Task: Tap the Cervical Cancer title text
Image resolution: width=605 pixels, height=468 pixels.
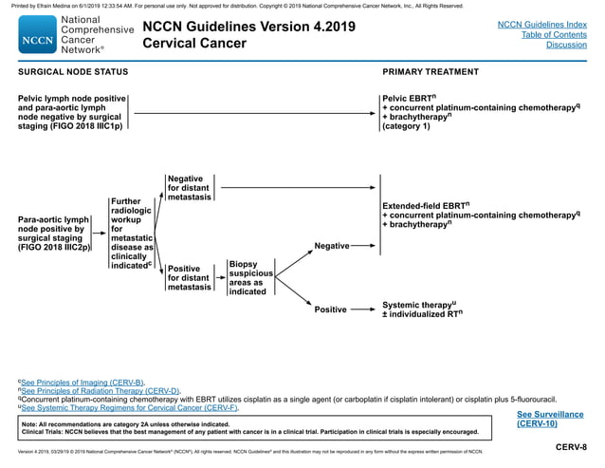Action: (193, 44)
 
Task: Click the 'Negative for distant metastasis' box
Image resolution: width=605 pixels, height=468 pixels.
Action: (189, 188)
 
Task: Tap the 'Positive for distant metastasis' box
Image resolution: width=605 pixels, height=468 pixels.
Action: (189, 277)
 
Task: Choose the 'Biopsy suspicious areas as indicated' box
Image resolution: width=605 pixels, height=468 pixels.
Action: (249, 277)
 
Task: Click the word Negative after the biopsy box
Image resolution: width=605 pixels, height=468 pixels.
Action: (331, 247)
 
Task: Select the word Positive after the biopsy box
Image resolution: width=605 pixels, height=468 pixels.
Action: (330, 309)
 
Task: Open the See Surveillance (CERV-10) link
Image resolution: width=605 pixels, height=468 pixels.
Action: (550, 419)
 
